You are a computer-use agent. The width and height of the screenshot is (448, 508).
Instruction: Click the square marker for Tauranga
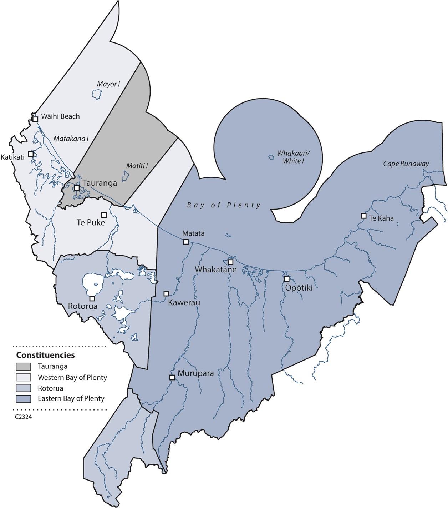click(x=77, y=188)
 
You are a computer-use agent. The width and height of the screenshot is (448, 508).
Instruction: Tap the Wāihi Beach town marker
click(x=35, y=119)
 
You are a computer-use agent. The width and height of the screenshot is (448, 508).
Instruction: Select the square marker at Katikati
click(x=31, y=154)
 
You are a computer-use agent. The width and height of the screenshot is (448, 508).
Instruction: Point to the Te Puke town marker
click(x=104, y=215)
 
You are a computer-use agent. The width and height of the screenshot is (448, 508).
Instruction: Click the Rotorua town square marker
click(x=92, y=298)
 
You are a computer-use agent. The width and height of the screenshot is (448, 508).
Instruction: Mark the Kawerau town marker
click(x=166, y=293)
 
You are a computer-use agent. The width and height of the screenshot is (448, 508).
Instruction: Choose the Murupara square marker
click(x=172, y=377)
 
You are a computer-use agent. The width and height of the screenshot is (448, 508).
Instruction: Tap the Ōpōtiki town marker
click(x=286, y=279)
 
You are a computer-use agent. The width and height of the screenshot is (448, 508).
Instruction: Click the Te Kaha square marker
click(x=363, y=216)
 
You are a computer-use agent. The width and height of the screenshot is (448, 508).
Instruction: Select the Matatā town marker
click(x=186, y=242)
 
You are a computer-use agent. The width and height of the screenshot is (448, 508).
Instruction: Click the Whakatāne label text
click(x=215, y=270)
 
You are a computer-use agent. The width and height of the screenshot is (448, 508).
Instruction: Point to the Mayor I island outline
click(x=97, y=94)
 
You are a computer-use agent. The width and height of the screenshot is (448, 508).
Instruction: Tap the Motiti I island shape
click(x=126, y=175)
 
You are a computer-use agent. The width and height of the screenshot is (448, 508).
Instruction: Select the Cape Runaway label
click(x=406, y=164)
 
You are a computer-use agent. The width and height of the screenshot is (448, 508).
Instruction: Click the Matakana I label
click(x=71, y=139)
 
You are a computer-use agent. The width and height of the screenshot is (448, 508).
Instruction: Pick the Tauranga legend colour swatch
click(x=23, y=366)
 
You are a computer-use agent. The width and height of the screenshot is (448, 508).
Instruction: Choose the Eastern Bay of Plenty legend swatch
click(x=23, y=399)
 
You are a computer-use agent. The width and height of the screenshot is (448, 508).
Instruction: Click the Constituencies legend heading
click(x=45, y=355)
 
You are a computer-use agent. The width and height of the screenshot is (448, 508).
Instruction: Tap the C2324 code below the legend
click(x=24, y=417)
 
